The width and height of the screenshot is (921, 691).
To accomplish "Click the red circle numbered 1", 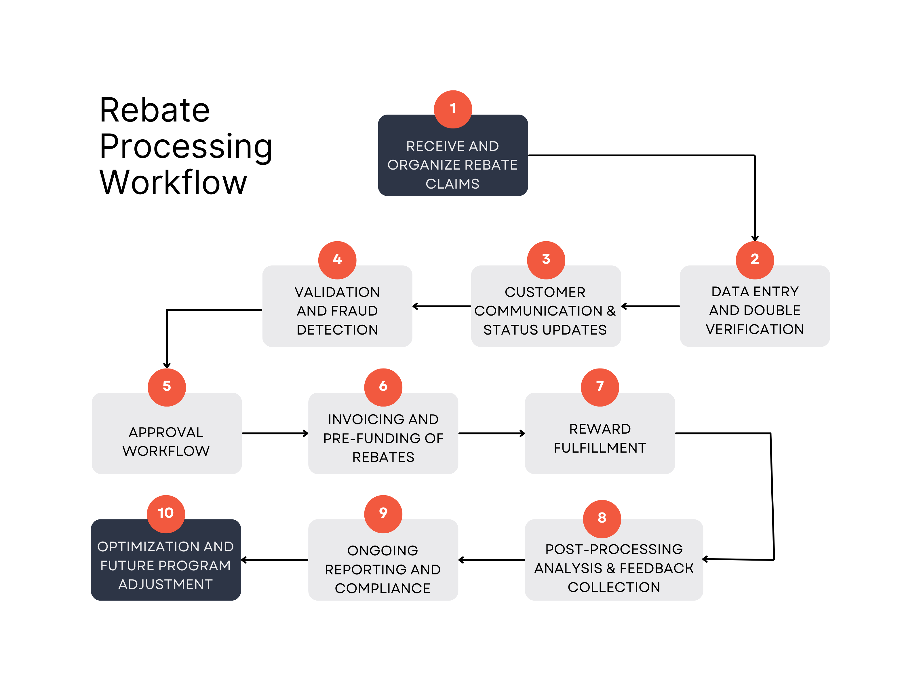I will click(453, 109).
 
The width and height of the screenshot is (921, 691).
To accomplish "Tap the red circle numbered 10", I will click(166, 514).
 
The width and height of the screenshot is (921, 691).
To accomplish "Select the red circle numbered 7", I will click(600, 387).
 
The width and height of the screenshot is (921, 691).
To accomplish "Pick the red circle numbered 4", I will click(337, 260).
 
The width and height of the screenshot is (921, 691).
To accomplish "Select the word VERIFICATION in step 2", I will click(754, 329).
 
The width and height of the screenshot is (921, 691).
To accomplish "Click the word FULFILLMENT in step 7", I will click(600, 448).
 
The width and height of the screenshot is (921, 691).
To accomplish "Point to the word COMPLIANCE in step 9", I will click(382, 588).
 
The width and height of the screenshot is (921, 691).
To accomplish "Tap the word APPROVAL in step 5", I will click(166, 432).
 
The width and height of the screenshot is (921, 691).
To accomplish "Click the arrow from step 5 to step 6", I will click(275, 433).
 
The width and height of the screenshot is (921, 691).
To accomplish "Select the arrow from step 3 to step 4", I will click(441, 306).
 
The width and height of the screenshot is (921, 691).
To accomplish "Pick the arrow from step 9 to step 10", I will click(275, 560).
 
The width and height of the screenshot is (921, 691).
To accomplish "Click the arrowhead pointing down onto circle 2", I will click(754, 238).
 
